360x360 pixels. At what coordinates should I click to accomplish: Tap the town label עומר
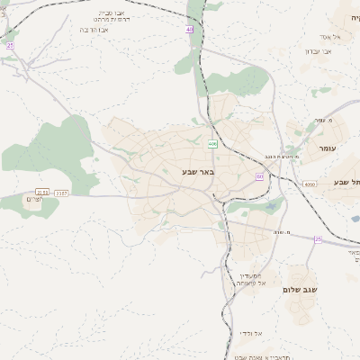click(x=319, y=147)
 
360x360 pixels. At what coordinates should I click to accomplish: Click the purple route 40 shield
click(x=190, y=30)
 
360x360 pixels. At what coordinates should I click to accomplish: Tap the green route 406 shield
click(x=212, y=144)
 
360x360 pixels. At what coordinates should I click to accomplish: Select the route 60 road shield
click(x=259, y=176)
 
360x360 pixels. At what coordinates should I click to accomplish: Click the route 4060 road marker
click(x=310, y=184)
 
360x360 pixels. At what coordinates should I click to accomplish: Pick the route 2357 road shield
click(x=61, y=192)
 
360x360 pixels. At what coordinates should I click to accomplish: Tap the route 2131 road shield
click(x=41, y=192)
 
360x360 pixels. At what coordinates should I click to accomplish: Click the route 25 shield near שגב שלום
click(x=318, y=238)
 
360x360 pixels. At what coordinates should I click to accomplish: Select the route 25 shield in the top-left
click(x=10, y=44)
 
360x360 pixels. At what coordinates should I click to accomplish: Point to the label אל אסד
click(x=328, y=37)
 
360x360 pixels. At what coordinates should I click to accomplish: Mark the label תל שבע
click(x=346, y=182)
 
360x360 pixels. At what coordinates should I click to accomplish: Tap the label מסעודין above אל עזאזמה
click(x=249, y=275)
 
